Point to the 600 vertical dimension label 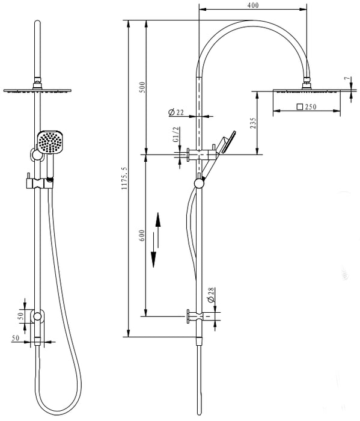tap(142, 236)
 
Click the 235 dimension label tap(253, 123)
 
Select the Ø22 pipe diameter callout tap(176, 112)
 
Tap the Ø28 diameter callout tap(211, 295)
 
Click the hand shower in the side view tap(226, 143)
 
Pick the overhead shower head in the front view tap(38, 90)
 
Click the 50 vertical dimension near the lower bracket tap(20, 315)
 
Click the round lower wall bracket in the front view tap(38, 316)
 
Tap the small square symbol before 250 tap(299, 107)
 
